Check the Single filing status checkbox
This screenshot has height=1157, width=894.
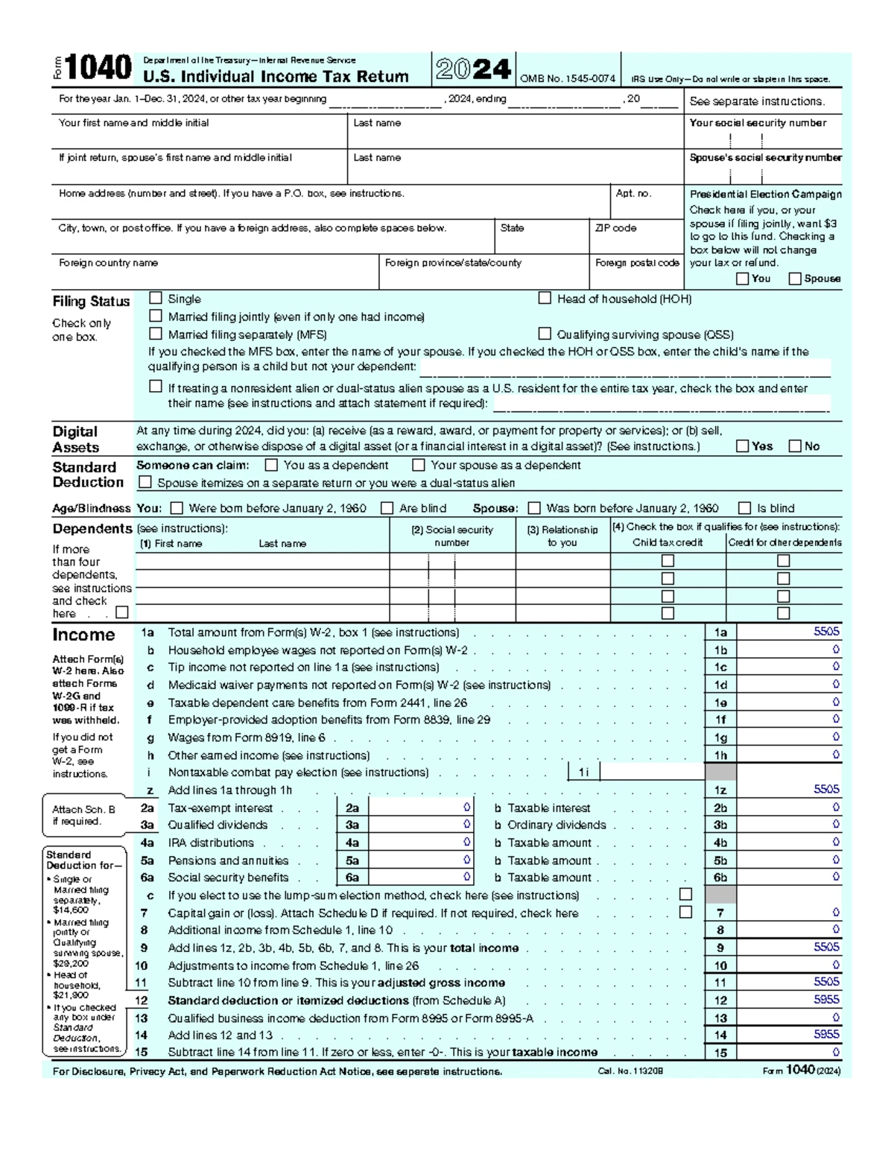tap(156, 298)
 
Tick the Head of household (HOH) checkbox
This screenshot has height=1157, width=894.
tap(545, 298)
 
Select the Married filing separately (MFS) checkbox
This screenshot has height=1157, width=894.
tap(156, 334)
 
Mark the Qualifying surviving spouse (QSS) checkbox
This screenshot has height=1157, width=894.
tap(545, 334)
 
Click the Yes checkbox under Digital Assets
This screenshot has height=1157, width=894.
tap(742, 446)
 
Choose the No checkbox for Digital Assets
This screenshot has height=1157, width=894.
tap(795, 446)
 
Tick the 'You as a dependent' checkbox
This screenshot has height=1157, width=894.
tap(271, 465)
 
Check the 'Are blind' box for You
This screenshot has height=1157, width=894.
tap(387, 508)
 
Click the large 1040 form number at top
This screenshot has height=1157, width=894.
tap(98, 69)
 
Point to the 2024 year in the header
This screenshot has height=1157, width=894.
tap(473, 69)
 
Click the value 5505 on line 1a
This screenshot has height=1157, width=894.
tap(826, 632)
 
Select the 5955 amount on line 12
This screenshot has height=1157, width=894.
tap(826, 1000)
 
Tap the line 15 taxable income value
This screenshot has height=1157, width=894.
tap(836, 1053)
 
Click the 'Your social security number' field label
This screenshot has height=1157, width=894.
tap(758, 123)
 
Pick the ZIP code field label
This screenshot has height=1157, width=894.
tap(615, 228)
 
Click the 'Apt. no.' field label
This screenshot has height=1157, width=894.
tap(633, 193)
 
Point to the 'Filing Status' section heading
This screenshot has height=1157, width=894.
tap(91, 302)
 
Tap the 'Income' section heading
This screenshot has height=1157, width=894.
tap(83, 635)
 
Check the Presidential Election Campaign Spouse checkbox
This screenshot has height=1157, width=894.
tap(795, 279)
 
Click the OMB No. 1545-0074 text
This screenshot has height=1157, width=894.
tap(568, 79)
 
